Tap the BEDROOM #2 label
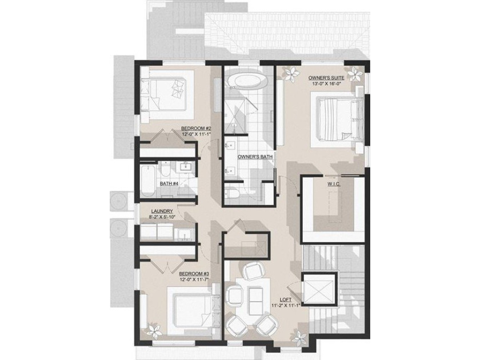point(196,128)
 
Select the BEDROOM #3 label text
point(194,274)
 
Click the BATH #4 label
point(170,183)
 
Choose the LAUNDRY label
point(162,211)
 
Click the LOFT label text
point(284,299)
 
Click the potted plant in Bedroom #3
point(153,330)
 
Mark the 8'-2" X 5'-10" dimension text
point(162,217)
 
